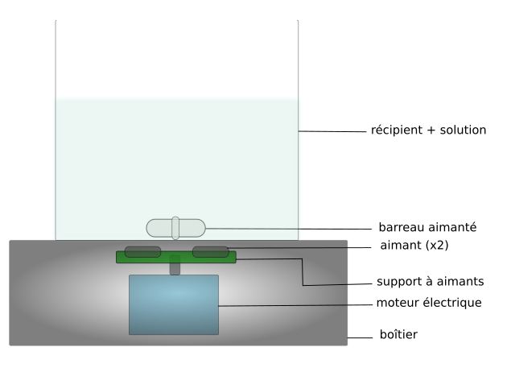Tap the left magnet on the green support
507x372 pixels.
(x=142, y=252)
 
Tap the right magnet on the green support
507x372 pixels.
(x=210, y=252)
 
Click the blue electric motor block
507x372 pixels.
(x=174, y=304)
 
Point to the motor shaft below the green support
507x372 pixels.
(x=175, y=269)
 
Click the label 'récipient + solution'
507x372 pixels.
(x=428, y=130)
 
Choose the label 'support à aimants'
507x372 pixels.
(x=429, y=283)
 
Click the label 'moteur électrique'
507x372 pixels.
(x=429, y=303)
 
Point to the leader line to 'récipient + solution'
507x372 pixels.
(x=330, y=131)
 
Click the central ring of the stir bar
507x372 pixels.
(x=175, y=228)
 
